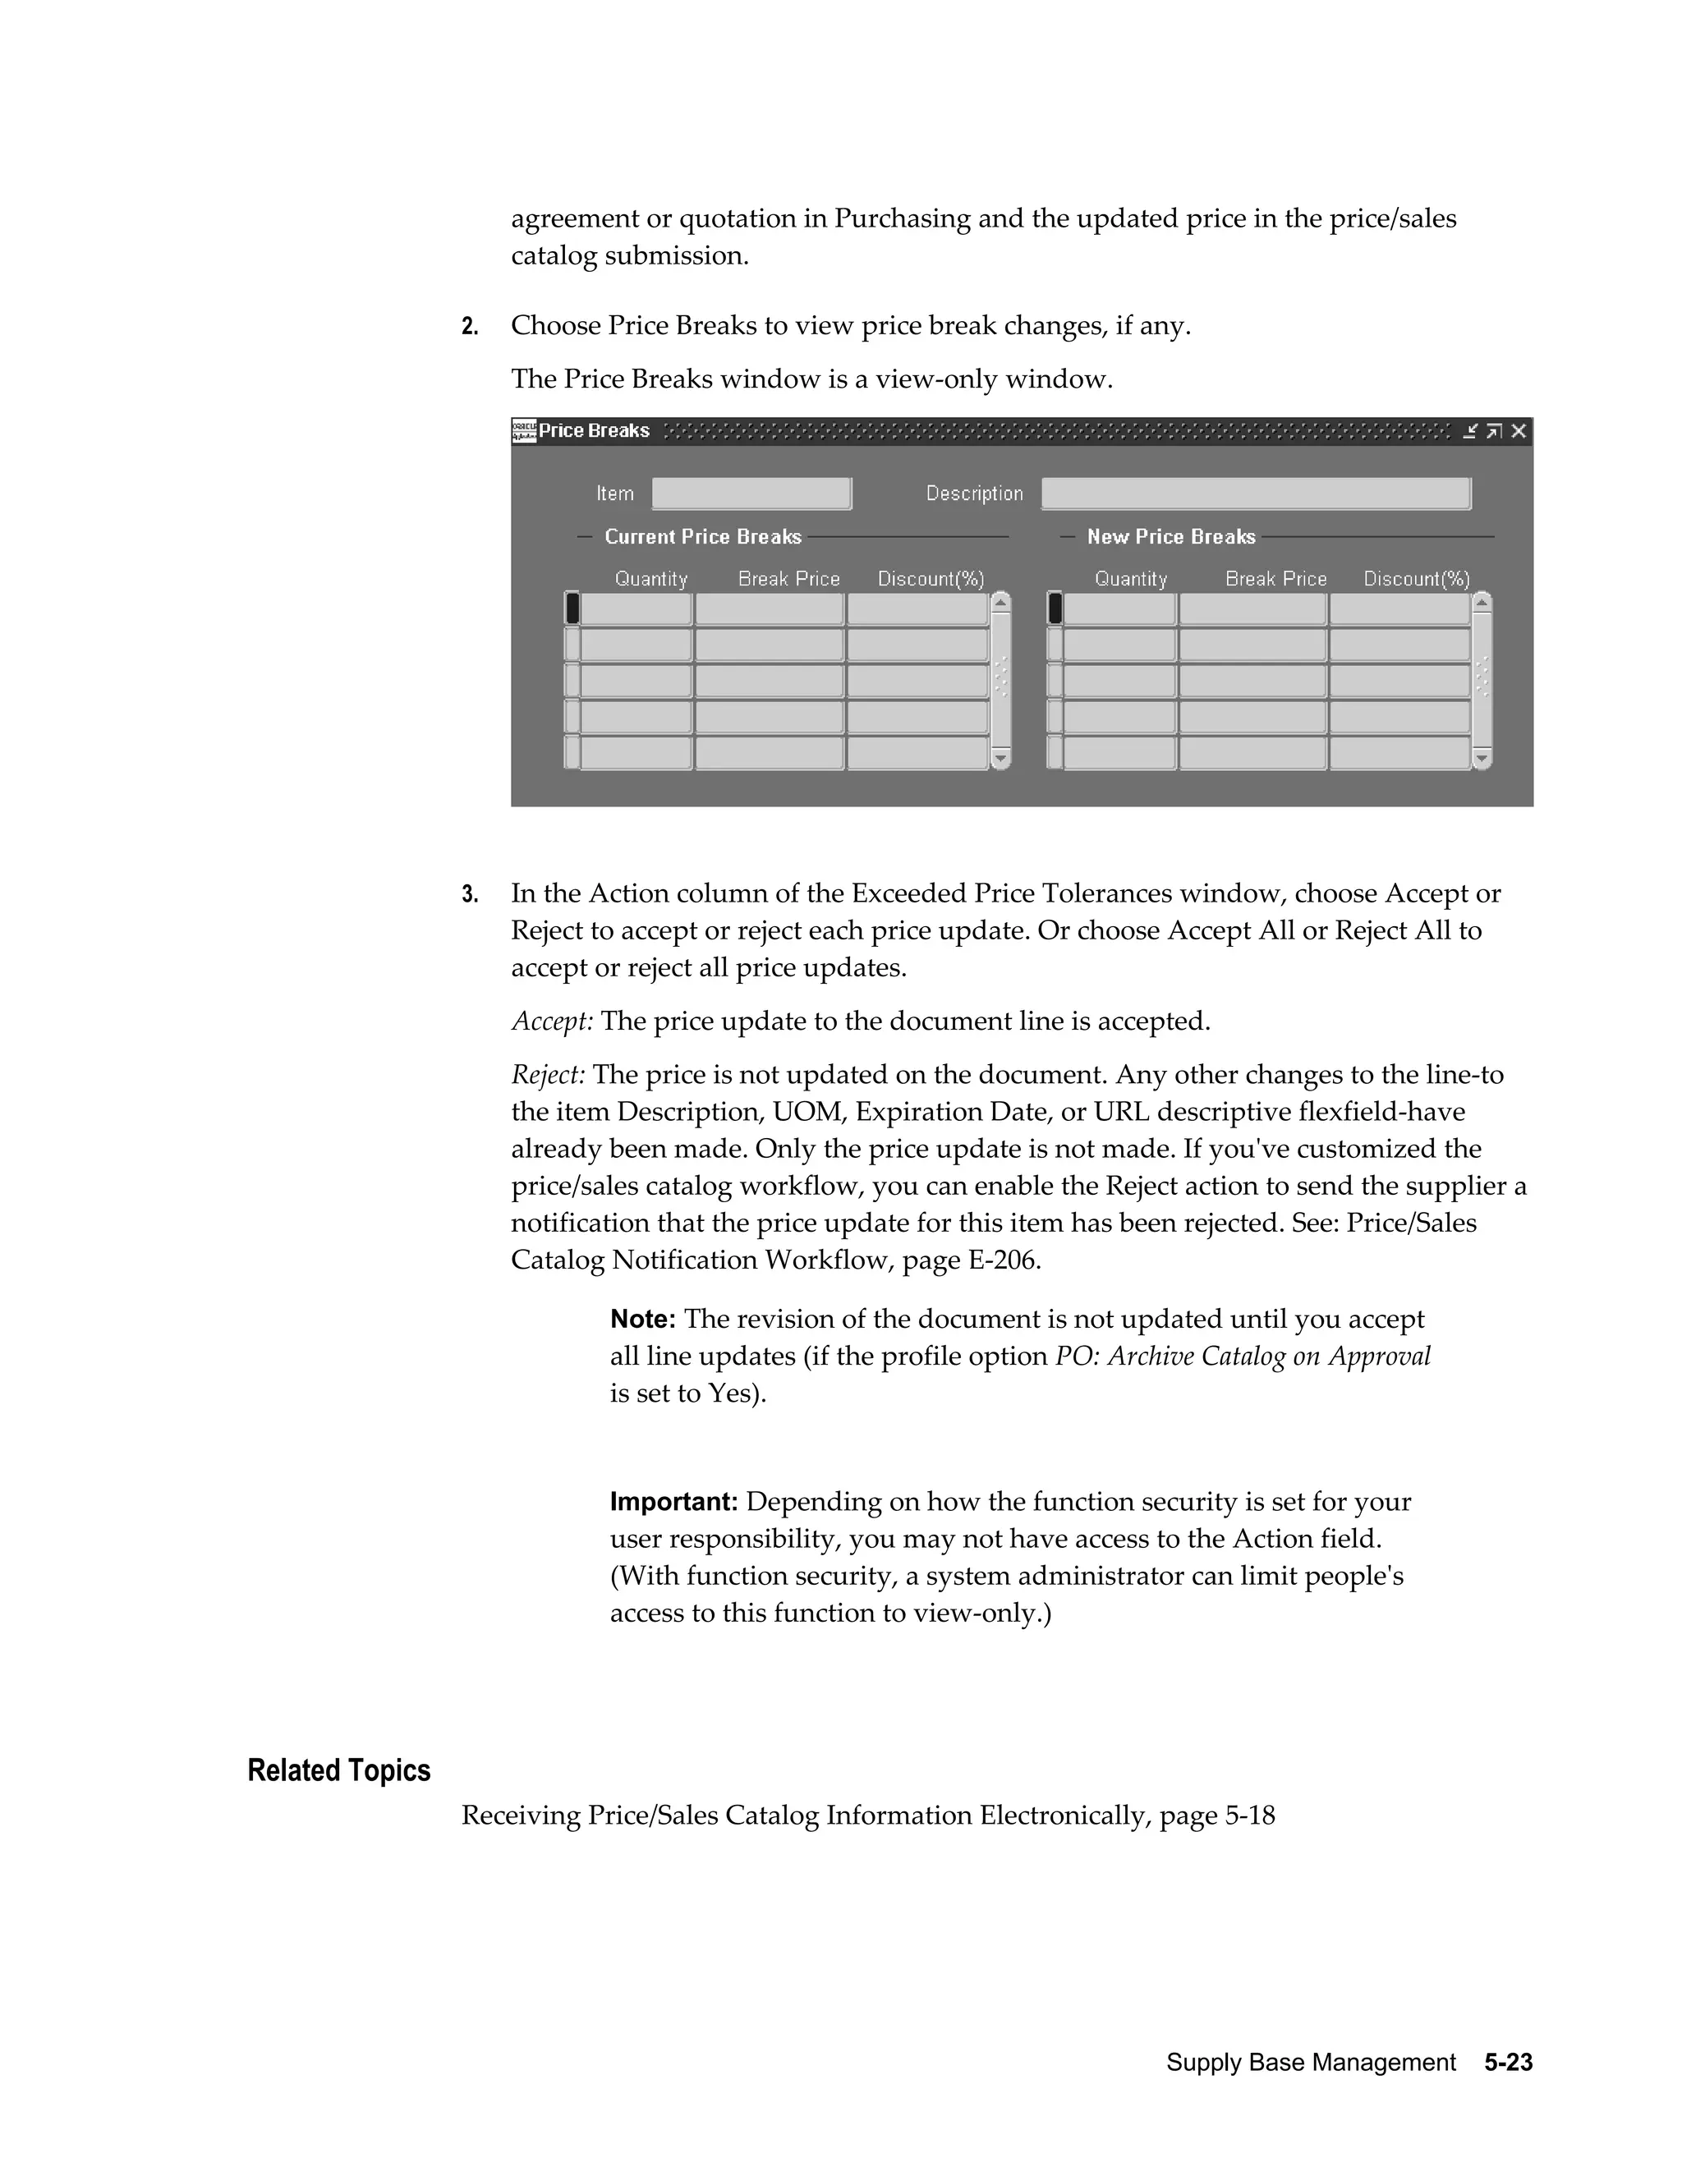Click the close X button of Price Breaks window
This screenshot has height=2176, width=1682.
click(1518, 430)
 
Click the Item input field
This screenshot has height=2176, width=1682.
click(751, 494)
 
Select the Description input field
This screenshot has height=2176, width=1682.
click(1256, 494)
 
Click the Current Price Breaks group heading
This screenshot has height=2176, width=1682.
click(702, 537)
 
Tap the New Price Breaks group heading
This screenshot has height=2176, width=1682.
click(1171, 537)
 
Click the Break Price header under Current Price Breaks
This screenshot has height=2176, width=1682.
click(788, 579)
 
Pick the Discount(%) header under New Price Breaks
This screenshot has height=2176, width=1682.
click(1416, 579)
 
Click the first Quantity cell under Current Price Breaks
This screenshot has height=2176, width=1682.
click(636, 608)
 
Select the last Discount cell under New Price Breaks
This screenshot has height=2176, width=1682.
click(1399, 753)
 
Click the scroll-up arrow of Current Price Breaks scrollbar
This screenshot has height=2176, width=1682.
click(1001, 602)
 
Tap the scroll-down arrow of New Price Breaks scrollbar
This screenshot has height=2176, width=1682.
click(1482, 760)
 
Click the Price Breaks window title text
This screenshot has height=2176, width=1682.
click(594, 430)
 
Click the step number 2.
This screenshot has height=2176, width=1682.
click(469, 327)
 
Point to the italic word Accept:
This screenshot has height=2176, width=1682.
click(552, 1021)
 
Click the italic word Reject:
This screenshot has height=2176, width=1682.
click(548, 1075)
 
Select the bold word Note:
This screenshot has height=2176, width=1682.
click(643, 1320)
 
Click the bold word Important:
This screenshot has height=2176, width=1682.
click(673, 1502)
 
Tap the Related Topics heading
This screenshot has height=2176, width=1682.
click(339, 1770)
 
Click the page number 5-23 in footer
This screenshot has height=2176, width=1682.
click(1508, 2063)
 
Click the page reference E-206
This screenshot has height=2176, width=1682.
click(1004, 1260)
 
